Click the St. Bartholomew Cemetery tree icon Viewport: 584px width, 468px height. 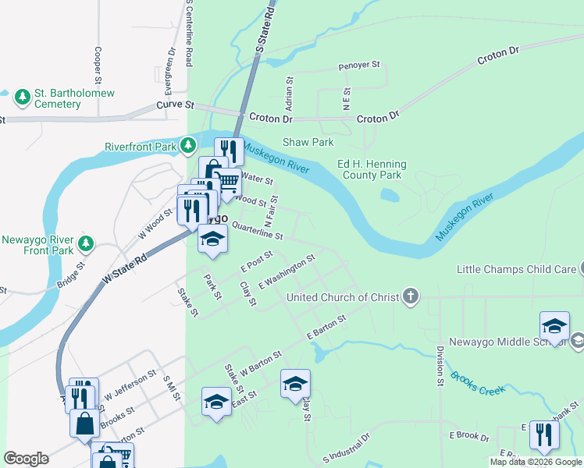[23, 97]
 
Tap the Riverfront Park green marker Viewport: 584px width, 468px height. [187, 146]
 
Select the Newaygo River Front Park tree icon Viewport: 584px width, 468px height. [86, 245]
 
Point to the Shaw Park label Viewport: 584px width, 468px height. [308, 142]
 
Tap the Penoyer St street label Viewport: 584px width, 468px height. [358, 66]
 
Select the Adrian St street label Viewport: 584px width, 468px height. [289, 92]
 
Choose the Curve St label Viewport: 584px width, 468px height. [175, 105]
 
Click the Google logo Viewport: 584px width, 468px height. [27, 459]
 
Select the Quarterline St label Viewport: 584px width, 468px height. [257, 232]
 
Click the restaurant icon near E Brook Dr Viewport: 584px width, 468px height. [544, 434]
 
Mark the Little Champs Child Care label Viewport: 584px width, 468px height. [515, 270]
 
